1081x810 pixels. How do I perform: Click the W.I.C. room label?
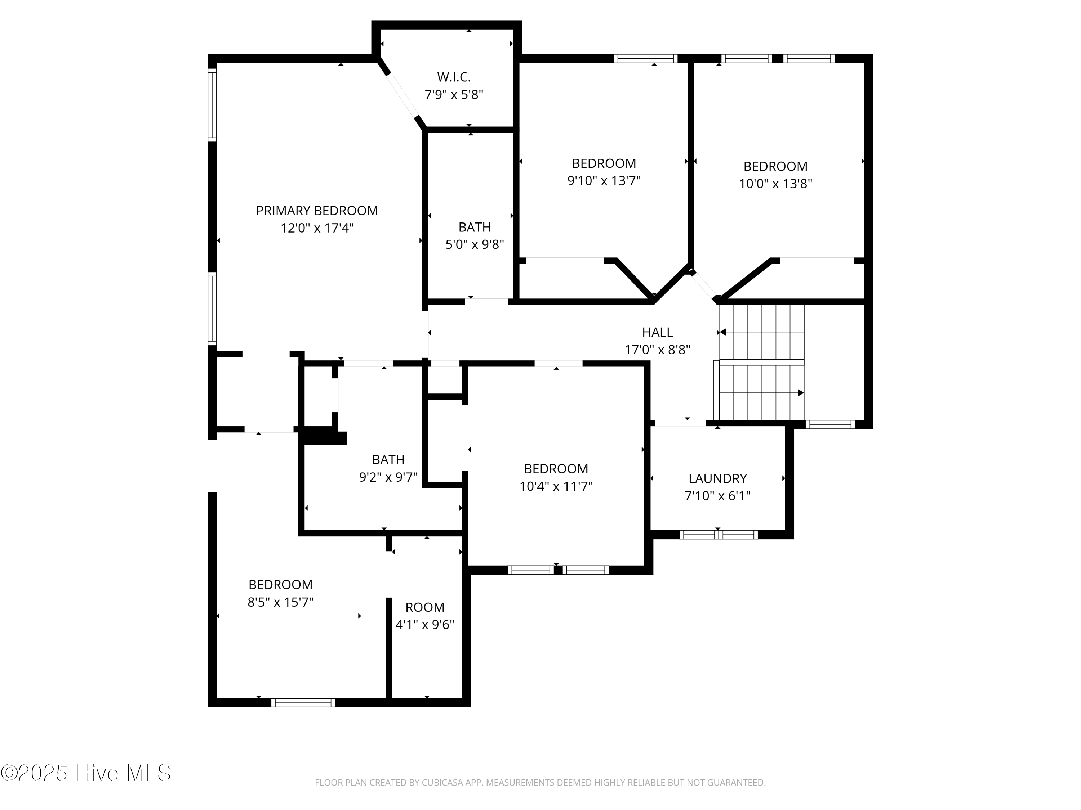tap(454, 77)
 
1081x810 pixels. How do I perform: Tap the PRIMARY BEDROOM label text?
tap(317, 211)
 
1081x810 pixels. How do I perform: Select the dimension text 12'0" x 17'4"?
tap(317, 228)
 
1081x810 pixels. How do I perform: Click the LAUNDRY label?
tap(717, 478)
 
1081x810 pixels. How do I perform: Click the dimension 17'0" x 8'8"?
tap(657, 350)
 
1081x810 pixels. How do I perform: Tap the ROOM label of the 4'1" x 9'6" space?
tap(425, 607)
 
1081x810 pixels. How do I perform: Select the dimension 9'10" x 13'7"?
tap(604, 181)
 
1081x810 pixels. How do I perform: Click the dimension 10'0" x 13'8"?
tap(775, 184)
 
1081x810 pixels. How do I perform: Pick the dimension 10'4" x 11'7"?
tap(556, 486)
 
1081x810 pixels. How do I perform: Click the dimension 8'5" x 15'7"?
tap(280, 602)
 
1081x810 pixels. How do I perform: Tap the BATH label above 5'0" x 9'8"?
tap(475, 227)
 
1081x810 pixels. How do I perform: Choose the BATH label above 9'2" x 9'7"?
tap(388, 459)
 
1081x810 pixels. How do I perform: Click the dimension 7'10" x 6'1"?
tap(717, 496)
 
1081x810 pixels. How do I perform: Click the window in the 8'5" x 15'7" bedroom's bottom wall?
tap(303, 703)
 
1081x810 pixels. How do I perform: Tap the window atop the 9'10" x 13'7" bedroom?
tap(646, 59)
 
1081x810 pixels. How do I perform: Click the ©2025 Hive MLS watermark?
tap(86, 773)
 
